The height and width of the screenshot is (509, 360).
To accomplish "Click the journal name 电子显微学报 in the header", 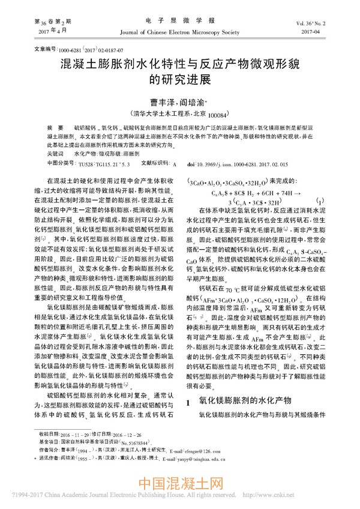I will (179, 21).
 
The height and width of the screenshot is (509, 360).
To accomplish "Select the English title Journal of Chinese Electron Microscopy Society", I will (180, 32).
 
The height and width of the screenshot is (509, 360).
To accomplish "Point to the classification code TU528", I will (86, 163).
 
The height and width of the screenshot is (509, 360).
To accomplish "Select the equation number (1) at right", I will (323, 200).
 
